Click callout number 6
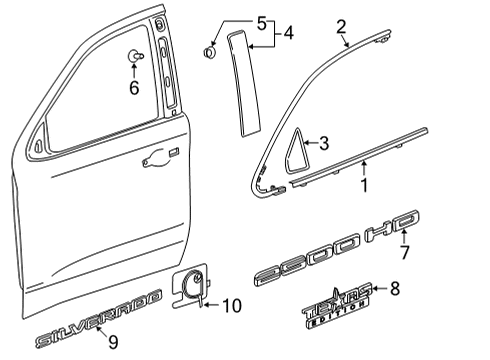point(133,87)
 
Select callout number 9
point(113,343)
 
